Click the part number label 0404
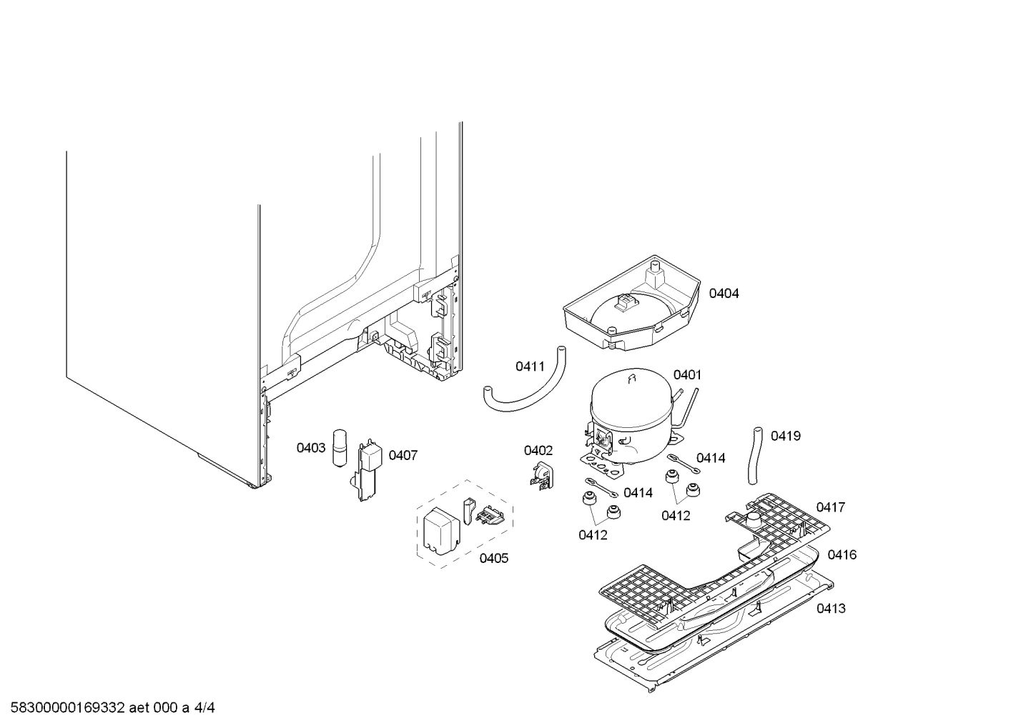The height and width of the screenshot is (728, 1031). click(x=724, y=294)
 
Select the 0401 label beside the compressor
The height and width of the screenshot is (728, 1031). click(x=687, y=375)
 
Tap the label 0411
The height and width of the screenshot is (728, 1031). click(x=530, y=367)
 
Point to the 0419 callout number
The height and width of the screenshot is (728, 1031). click(x=785, y=436)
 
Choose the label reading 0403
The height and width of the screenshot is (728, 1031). click(x=311, y=448)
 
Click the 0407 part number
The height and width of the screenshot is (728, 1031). click(x=403, y=455)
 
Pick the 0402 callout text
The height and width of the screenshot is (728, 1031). click(x=538, y=450)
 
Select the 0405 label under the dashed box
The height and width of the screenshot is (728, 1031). click(x=493, y=558)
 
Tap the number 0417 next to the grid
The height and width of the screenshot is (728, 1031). click(x=830, y=507)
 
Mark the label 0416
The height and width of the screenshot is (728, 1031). click(x=842, y=554)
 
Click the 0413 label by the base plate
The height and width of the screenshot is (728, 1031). click(x=831, y=608)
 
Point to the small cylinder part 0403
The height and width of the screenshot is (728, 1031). click(x=340, y=448)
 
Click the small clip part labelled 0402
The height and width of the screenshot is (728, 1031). click(x=541, y=476)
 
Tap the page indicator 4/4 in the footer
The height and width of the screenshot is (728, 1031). click(x=205, y=708)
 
